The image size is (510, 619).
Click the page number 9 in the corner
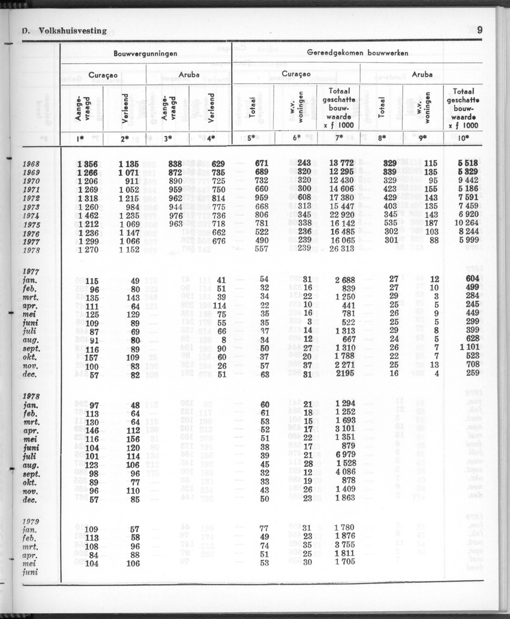[480, 31]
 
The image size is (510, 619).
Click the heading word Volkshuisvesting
[73, 31]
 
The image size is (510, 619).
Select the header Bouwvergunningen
[146, 53]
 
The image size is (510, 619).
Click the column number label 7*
[339, 138]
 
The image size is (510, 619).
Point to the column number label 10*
[462, 138]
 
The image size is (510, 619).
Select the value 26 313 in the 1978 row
[339, 250]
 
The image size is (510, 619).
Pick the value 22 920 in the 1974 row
[339, 215]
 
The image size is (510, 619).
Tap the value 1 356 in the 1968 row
[88, 164]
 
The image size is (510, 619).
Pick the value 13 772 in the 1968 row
[339, 164]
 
